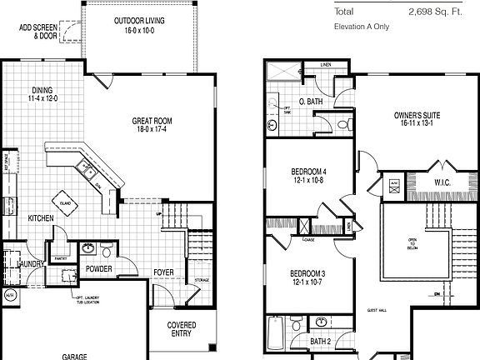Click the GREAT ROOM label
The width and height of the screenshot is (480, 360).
[151, 125]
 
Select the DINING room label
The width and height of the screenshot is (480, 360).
[44, 95]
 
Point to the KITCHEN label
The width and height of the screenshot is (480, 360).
[41, 218]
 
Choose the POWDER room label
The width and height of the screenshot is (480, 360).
[98, 269]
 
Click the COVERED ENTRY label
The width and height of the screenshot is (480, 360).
[182, 329]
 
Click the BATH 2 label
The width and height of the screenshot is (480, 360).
[322, 342]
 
